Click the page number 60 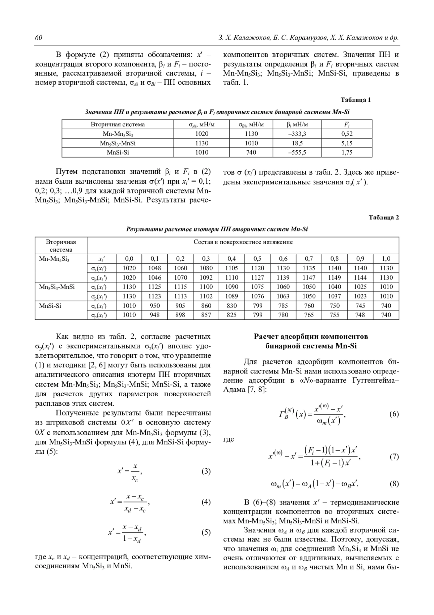tap(39, 38)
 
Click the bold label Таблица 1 tap(356, 100)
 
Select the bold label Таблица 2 tap(384, 218)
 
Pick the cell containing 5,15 tap(347, 143)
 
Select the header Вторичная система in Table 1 tap(118, 125)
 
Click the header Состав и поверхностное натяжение tap(243, 242)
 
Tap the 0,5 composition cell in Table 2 tap(258, 259)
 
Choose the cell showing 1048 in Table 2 tap(155, 268)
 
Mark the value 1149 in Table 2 tap(335, 277)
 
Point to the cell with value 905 tap(180, 306)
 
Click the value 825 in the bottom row tap(232, 315)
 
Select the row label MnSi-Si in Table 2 tap(50, 306)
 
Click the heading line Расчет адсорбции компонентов tap(311, 336)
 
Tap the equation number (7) tap(394, 457)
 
